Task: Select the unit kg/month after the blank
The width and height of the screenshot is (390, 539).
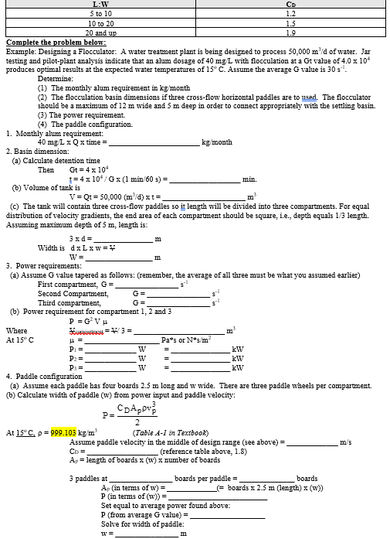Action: (x=217, y=142)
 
